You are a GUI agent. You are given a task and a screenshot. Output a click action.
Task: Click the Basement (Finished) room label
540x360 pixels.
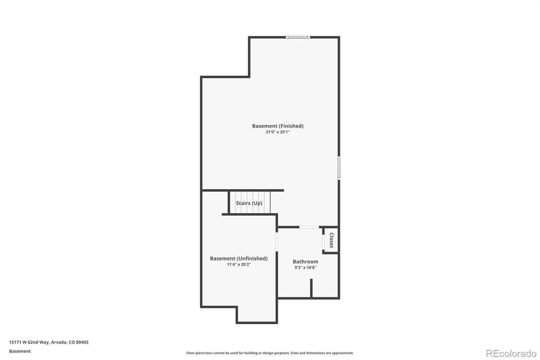click(x=278, y=126)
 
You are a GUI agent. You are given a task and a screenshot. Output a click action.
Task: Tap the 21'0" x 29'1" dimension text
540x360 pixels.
click(x=278, y=132)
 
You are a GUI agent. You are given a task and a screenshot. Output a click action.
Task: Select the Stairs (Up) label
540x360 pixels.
click(x=249, y=203)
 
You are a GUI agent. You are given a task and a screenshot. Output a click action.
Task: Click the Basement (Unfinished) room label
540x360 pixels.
click(x=239, y=258)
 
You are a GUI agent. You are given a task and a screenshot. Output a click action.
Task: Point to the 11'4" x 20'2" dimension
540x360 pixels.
click(x=239, y=264)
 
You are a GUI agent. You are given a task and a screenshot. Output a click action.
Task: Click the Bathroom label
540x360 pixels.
click(x=305, y=261)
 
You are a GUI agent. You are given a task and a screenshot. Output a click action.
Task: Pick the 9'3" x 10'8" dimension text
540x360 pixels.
click(x=305, y=267)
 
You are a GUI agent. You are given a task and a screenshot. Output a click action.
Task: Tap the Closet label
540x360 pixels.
click(x=331, y=240)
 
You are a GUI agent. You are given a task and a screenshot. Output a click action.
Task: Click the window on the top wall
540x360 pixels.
click(x=298, y=37)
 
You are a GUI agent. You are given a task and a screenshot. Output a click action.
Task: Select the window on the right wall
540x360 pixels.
click(x=339, y=168)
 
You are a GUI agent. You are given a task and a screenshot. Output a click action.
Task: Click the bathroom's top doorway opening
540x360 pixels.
click(x=309, y=227)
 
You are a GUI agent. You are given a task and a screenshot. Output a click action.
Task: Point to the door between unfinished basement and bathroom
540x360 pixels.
click(x=277, y=241)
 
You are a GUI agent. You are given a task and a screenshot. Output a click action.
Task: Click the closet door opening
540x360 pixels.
click(x=323, y=241)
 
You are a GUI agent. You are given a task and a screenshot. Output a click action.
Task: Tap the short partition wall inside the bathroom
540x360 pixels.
click(x=311, y=288)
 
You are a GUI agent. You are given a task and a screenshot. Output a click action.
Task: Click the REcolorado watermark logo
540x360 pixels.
click(x=511, y=353)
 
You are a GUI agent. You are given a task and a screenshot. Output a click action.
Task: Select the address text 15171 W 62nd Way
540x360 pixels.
click(x=29, y=342)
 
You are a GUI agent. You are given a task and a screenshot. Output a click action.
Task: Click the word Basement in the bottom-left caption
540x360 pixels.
click(x=20, y=351)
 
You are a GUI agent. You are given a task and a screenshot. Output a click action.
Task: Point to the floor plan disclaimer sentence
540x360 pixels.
click(x=270, y=353)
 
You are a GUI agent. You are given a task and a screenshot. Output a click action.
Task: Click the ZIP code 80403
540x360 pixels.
click(x=82, y=342)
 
